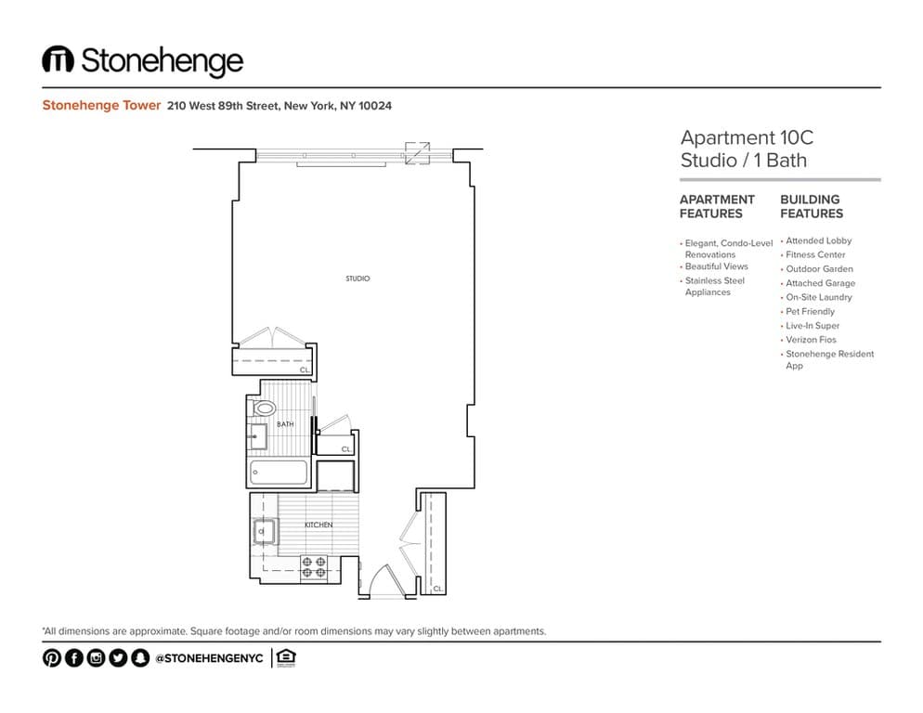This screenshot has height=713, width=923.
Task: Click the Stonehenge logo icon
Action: click(58, 58)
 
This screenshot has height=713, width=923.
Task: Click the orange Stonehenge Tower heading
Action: click(101, 106)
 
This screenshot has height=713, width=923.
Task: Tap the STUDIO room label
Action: click(357, 279)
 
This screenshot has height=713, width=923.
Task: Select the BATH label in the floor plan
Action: click(285, 424)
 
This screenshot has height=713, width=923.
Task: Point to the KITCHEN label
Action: click(318, 525)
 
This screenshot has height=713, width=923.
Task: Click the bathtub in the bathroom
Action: click(279, 473)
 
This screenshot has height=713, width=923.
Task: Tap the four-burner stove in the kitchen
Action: click(314, 567)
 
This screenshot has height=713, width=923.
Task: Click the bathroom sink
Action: click(257, 436)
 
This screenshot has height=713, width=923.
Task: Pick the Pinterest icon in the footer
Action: click(52, 657)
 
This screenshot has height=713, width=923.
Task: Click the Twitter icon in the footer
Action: click(118, 657)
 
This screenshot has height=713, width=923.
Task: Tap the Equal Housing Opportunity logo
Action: click(286, 657)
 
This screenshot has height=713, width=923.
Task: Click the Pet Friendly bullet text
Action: click(810, 311)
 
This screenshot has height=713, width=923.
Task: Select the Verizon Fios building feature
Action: click(811, 340)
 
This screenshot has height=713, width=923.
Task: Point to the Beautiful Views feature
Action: click(716, 266)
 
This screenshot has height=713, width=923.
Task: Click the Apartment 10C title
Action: click(747, 137)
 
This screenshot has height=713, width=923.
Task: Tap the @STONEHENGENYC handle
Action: click(209, 658)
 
